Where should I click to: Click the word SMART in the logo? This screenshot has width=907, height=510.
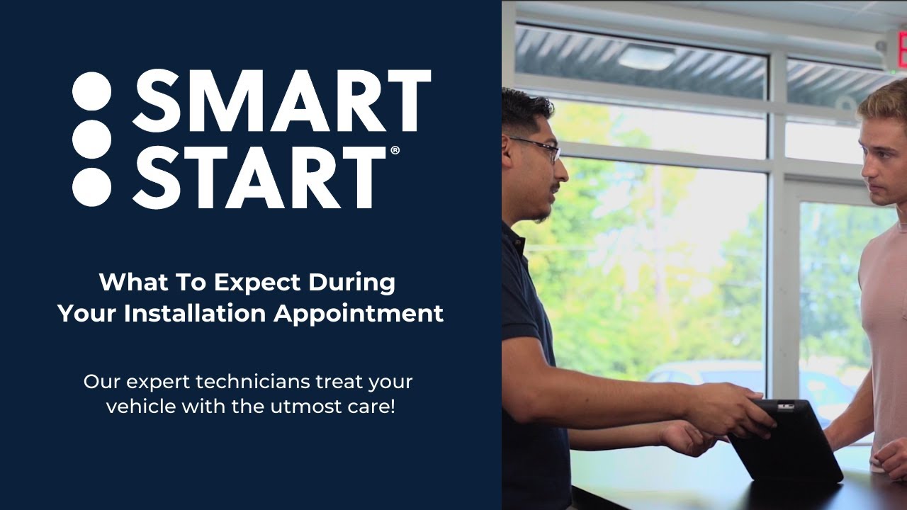(x=281, y=100)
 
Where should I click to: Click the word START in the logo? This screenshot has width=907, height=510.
(x=259, y=177)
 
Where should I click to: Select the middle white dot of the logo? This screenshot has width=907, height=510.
(x=92, y=140)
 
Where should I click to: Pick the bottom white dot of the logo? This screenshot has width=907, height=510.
(x=92, y=186)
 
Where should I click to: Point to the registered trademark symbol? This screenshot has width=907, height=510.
(x=395, y=151)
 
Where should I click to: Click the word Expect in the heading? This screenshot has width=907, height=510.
(x=257, y=283)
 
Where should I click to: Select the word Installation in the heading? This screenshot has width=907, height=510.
(x=196, y=313)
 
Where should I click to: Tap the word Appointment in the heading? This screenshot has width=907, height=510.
(x=359, y=313)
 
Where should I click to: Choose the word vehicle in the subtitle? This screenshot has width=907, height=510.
(x=140, y=407)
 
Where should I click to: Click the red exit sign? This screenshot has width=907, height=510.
(x=898, y=50)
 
